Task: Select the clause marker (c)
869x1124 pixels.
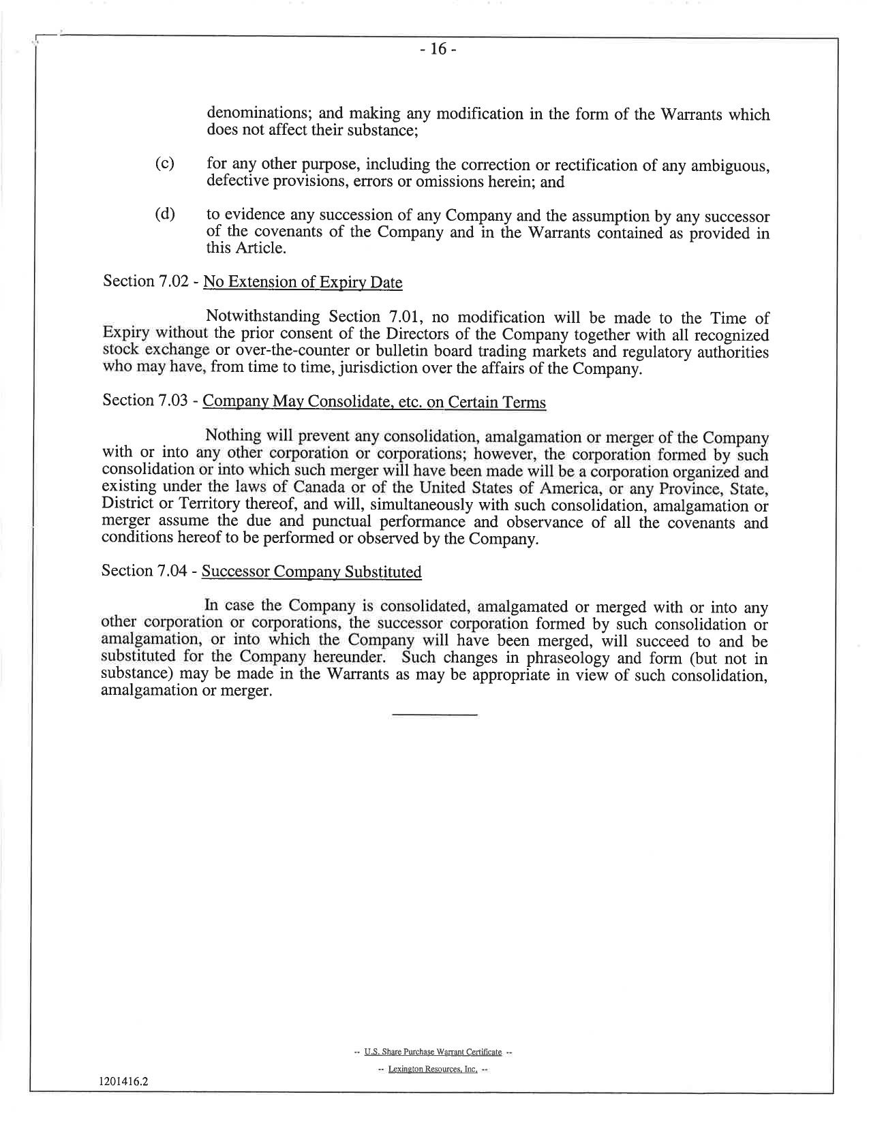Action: coord(164,164)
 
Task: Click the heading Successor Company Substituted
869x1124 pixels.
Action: coord(311,572)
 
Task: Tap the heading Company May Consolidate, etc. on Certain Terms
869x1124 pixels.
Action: coord(374,402)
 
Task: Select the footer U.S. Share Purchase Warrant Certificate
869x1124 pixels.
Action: coord(433,1052)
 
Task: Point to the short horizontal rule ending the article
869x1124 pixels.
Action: coord(434,714)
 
